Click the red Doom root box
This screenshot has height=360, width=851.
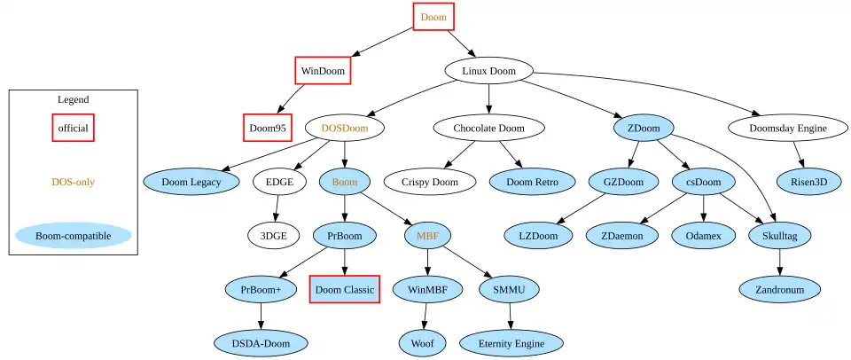pyautogui.click(x=433, y=17)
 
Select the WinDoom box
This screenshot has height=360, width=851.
pyautogui.click(x=322, y=70)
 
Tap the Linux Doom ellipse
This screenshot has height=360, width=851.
pyautogui.click(x=488, y=71)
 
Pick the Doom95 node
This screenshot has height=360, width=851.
pyautogui.click(x=268, y=128)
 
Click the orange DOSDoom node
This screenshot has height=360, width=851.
pyautogui.click(x=344, y=128)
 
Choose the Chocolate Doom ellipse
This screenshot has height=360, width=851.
pyautogui.click(x=488, y=128)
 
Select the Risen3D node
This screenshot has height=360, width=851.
pyautogui.click(x=808, y=182)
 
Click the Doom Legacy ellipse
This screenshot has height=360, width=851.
pyautogui.click(x=192, y=182)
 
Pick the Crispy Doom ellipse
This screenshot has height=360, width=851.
pyautogui.click(x=429, y=182)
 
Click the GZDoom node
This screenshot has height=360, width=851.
pyautogui.click(x=623, y=182)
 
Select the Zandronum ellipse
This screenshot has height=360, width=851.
pyautogui.click(x=780, y=289)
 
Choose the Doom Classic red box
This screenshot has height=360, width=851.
pyautogui.click(x=344, y=289)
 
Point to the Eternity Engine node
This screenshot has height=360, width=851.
pyautogui.click(x=511, y=342)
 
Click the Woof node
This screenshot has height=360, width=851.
pyautogui.click(x=423, y=342)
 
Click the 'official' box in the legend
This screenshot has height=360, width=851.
pyautogui.click(x=73, y=128)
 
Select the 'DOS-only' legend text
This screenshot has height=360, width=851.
pyautogui.click(x=73, y=182)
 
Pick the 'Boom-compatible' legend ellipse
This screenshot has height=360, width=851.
pyautogui.click(x=73, y=236)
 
